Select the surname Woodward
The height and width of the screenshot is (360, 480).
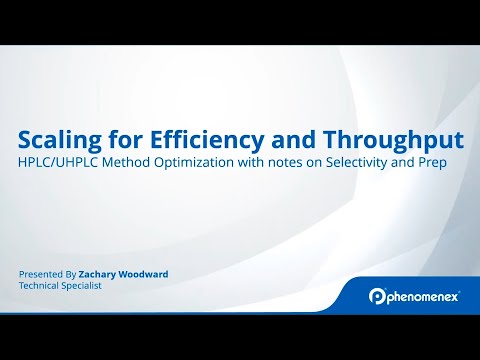(x=145, y=273)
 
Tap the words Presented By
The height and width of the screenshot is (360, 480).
(x=47, y=273)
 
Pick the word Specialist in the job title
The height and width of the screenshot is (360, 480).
(x=82, y=285)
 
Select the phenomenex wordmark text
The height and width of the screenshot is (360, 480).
(x=423, y=296)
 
